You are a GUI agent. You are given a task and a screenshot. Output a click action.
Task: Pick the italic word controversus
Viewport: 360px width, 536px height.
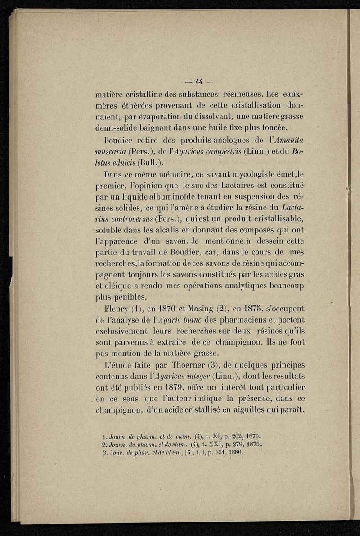(125, 219)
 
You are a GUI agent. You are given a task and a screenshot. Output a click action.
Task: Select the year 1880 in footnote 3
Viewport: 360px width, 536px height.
(234, 453)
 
